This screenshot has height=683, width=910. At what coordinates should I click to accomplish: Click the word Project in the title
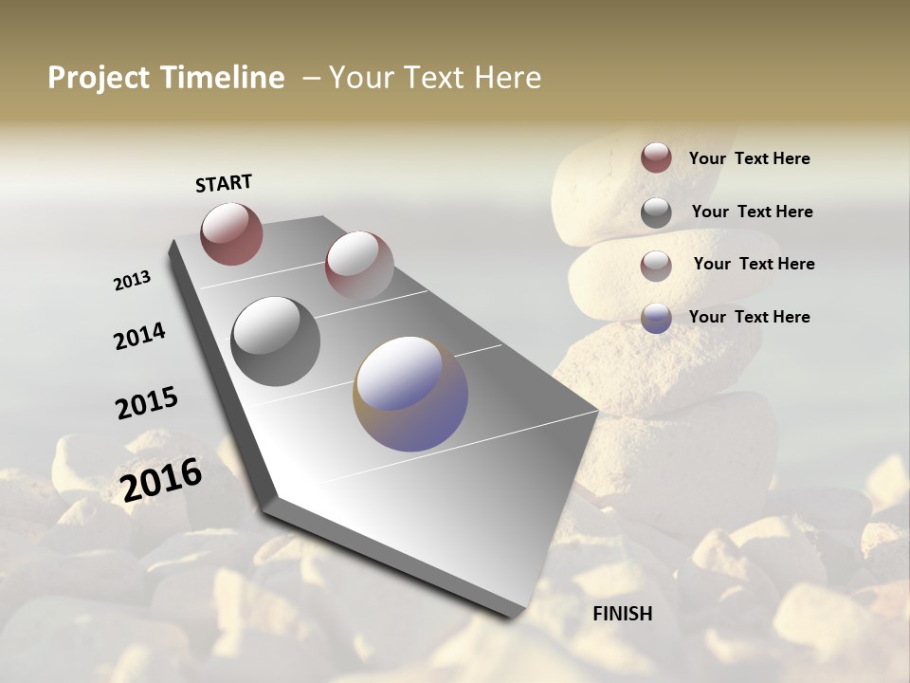point(100,78)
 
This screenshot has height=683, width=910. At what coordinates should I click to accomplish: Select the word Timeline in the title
point(223,78)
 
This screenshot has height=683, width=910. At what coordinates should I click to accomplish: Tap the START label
point(224,183)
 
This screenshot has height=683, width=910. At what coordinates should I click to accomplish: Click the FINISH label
point(623,614)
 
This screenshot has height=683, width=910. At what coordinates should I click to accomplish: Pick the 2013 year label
point(133,281)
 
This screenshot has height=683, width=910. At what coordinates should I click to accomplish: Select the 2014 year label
point(140,336)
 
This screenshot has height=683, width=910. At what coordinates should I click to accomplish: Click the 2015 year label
point(147,403)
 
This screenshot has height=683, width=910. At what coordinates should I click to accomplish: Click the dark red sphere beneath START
point(231,233)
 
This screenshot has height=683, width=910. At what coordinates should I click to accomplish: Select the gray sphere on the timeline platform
point(276,341)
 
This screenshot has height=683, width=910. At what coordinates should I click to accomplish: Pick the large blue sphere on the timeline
point(410,394)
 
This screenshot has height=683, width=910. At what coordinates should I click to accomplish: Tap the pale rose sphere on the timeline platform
point(359,266)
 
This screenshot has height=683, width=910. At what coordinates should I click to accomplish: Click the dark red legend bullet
point(656,157)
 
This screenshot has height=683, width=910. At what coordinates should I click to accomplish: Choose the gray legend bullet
point(656,212)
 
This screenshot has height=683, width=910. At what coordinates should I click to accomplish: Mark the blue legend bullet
point(656,318)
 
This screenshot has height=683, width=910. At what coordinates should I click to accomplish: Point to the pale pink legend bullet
point(656,266)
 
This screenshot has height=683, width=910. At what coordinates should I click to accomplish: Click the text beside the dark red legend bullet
point(750,158)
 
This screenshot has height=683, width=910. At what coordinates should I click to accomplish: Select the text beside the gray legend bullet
point(753,212)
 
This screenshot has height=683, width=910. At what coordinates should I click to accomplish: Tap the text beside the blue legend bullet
point(750,317)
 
